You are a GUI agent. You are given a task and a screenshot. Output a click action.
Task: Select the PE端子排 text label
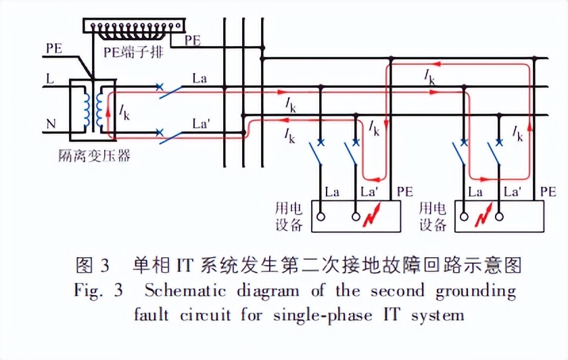pyautogui.click(x=131, y=52)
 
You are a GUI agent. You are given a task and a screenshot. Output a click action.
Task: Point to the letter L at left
pyautogui.click(x=50, y=79)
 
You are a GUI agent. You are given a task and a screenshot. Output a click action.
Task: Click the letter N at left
pyautogui.click(x=51, y=125)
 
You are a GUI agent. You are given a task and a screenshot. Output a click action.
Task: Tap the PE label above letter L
pyautogui.click(x=55, y=49)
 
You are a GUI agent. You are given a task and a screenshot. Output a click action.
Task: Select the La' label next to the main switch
pyautogui.click(x=202, y=125)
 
